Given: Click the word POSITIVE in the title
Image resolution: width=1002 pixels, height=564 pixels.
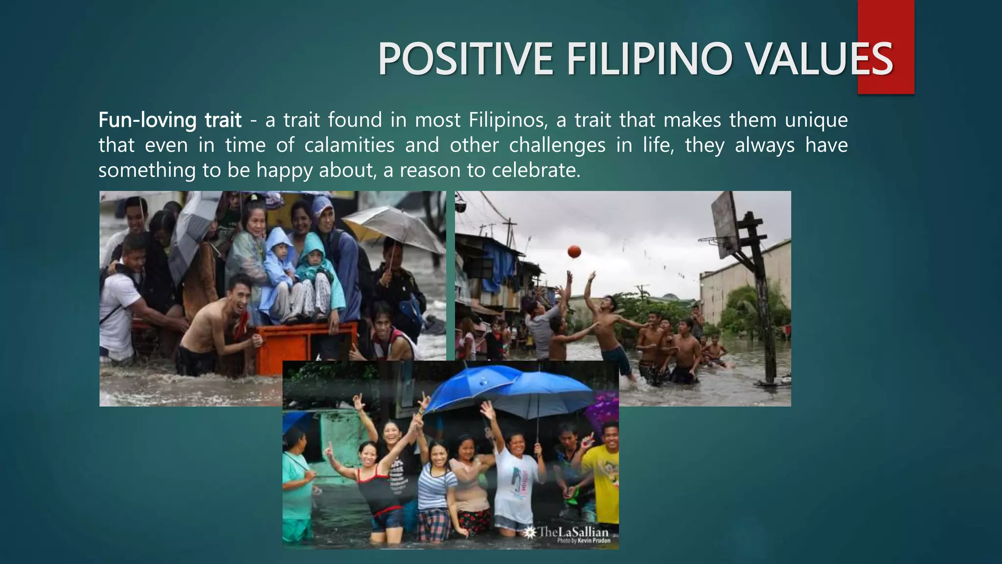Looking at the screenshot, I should tap(465, 59).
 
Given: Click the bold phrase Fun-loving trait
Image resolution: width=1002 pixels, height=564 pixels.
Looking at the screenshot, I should tap(170, 120).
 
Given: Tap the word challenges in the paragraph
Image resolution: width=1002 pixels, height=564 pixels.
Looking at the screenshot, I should tap(557, 145).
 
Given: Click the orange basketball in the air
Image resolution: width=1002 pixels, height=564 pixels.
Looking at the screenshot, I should tap(574, 252).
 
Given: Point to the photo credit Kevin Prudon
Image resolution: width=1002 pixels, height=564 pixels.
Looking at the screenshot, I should tap(584, 541).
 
